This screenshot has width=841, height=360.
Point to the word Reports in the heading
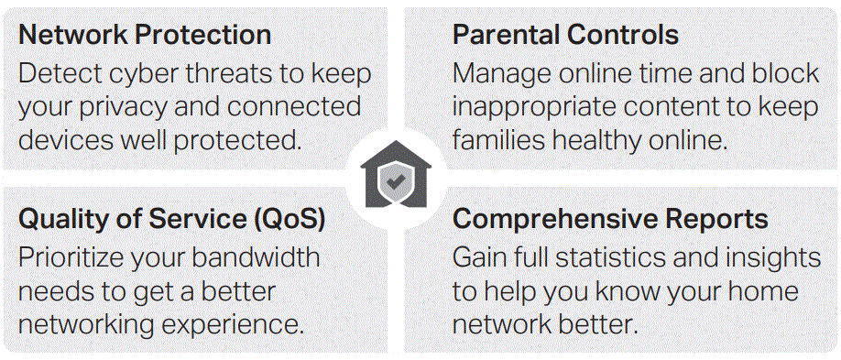(710, 220)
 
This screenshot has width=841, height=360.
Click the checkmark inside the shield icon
(396, 182)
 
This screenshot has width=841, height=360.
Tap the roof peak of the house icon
(396, 142)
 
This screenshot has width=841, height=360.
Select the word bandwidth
(256, 258)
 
